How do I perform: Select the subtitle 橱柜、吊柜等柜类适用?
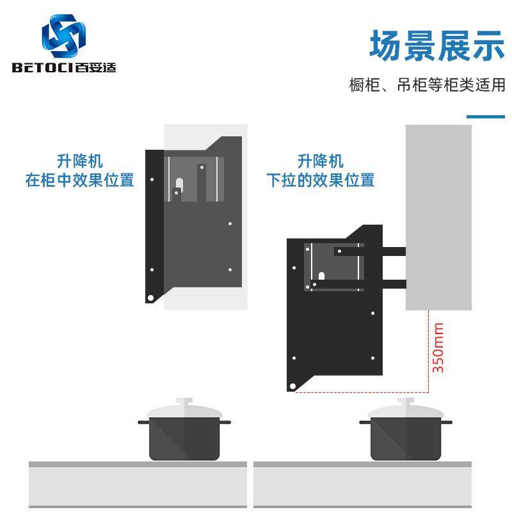coord(427,85)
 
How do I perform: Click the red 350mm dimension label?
coord(438,348)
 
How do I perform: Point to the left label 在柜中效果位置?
coord(79,180)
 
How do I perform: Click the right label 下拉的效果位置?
coord(320,180)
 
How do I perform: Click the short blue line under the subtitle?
coord(486,117)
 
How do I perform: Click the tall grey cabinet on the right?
coord(438,218)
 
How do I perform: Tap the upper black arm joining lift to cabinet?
coord(392,252)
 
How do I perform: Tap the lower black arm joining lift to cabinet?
coord(392,284)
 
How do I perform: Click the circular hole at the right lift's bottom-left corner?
coord(293,387)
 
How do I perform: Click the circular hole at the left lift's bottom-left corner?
coord(150,298)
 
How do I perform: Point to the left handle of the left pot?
coord(143,422)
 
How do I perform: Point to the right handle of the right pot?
coord(447,422)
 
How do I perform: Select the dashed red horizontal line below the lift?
coord(362,392)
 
